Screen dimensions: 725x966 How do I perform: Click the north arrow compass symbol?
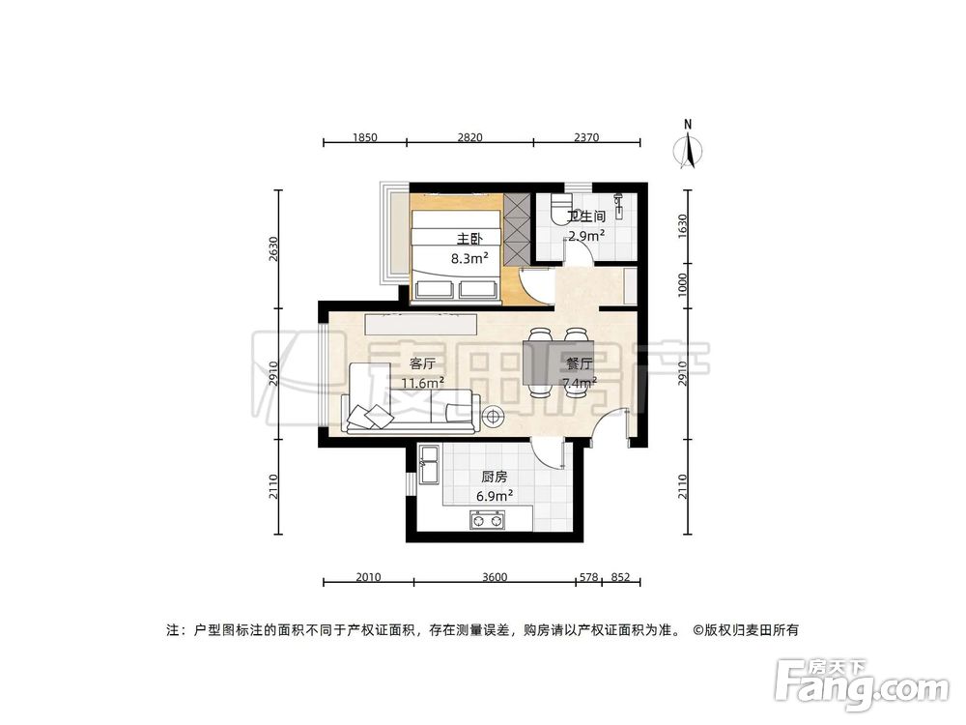688,148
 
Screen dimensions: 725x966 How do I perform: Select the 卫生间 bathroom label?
586,217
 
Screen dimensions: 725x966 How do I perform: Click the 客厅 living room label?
422,363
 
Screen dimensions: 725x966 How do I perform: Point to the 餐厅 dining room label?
579,364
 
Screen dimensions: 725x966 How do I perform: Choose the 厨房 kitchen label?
494,477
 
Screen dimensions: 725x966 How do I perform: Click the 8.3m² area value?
469,258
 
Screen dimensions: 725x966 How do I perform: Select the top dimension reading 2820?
469,137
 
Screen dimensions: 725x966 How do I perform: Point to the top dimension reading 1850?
363,137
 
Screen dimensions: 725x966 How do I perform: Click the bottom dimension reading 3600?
493,577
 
